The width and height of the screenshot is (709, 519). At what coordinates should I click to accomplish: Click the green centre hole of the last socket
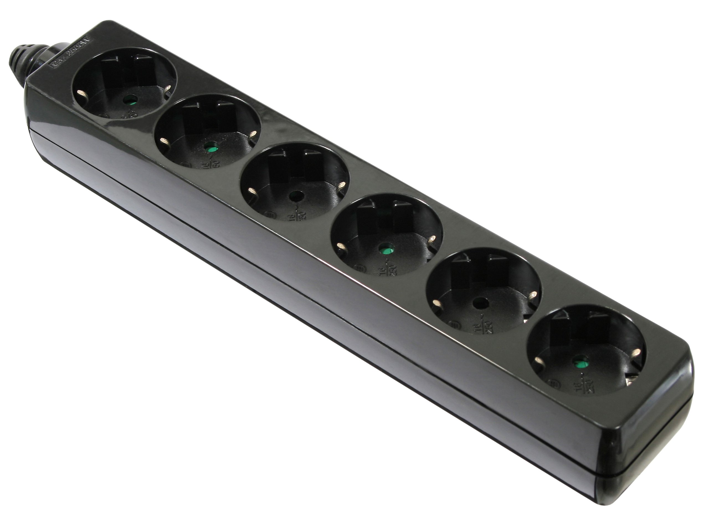tap(577, 364)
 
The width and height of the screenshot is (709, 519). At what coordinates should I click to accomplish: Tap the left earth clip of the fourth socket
tap(340, 246)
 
